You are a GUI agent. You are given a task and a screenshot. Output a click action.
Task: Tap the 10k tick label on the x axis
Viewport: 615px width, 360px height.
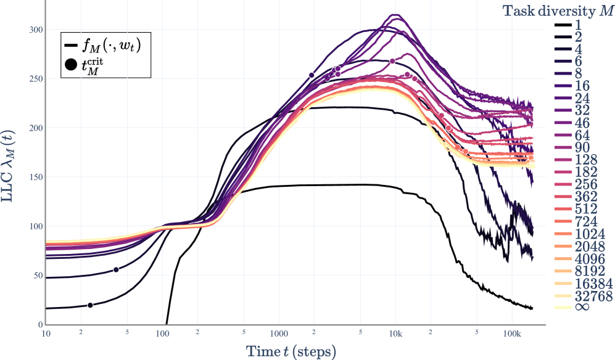coord(395,333)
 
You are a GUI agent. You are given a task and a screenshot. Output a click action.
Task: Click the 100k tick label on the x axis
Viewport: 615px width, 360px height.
coord(511,333)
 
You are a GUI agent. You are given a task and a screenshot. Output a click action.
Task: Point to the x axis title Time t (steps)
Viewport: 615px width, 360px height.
coord(291,351)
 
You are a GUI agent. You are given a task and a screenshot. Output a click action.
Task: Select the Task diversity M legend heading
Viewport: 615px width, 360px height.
coord(558,10)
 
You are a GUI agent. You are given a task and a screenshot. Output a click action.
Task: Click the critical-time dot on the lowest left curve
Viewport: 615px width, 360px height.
coord(90,305)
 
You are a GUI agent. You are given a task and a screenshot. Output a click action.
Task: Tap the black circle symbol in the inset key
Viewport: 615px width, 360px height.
coord(71,65)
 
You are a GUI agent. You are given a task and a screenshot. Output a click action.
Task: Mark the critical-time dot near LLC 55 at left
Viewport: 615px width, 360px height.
coord(116,269)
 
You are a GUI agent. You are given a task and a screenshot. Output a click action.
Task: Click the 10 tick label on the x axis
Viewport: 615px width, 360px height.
coord(46,333)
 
